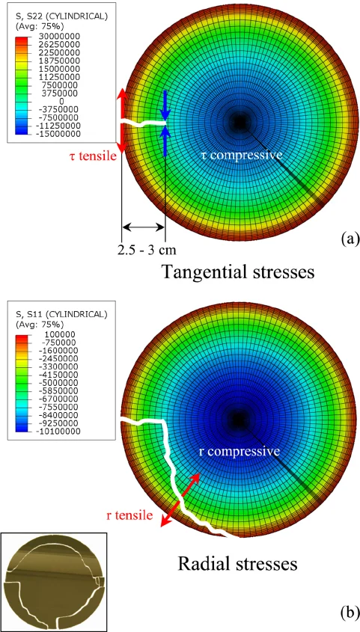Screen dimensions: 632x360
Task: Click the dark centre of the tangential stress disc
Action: (240, 120)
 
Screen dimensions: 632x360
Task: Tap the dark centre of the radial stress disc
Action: (240, 418)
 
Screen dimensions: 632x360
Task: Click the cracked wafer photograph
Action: (55, 582)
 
